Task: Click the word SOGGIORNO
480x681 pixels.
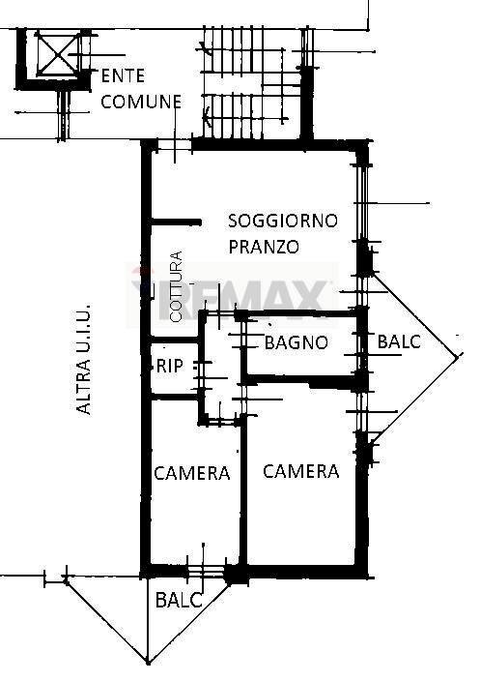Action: click(x=283, y=222)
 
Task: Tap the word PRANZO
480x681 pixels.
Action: click(x=264, y=247)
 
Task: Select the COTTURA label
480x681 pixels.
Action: click(x=176, y=287)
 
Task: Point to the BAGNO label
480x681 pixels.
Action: click(x=296, y=342)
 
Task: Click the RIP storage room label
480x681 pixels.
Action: click(x=169, y=367)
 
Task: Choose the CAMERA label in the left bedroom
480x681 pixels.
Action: click(x=192, y=473)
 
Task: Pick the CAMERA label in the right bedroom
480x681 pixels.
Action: click(x=301, y=471)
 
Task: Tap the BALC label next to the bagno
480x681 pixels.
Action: click(x=398, y=341)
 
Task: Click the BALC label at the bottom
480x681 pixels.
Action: click(x=180, y=600)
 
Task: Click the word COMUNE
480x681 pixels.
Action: click(x=143, y=101)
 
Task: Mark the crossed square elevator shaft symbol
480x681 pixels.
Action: click(x=53, y=52)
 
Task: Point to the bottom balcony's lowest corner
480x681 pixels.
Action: click(x=148, y=664)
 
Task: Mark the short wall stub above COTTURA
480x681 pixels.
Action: click(x=177, y=222)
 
